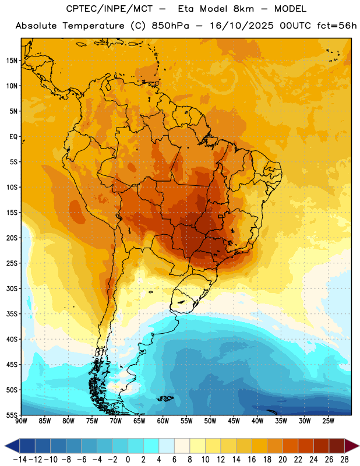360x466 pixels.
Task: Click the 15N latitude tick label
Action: coord(12,61)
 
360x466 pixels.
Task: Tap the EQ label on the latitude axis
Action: coord(13,137)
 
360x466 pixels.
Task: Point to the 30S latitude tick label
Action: coord(12,288)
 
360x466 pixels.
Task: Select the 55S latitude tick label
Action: coord(12,415)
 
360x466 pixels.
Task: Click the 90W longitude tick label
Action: coord(21,421)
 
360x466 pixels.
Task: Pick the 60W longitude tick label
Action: coord(163,421)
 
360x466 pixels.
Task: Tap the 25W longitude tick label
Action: coord(328,421)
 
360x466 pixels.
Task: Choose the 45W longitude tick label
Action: coord(234,421)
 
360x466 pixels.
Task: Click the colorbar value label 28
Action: coord(344,460)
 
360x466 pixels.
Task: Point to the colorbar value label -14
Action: coord(20,460)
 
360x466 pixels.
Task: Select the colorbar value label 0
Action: coord(128,460)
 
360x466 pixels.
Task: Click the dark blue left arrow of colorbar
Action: coord(12,446)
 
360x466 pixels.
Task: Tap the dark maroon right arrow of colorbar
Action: coord(352,446)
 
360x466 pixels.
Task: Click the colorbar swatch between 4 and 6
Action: coord(167,446)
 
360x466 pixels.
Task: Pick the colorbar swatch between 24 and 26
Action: coord(322,446)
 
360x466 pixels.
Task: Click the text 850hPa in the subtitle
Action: coord(170,26)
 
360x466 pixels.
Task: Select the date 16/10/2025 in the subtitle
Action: coord(242,26)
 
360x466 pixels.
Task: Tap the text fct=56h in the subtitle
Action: coord(337,26)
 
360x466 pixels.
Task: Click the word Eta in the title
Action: coord(186,9)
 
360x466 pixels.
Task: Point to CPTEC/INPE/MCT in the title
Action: coord(110,9)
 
